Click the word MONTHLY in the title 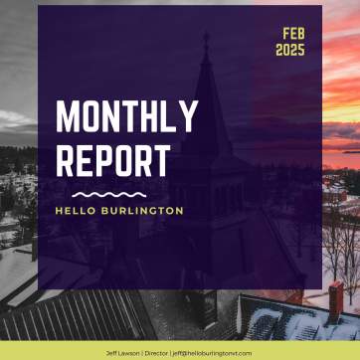click(126, 117)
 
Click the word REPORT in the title click(112, 161)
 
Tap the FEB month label click(293, 33)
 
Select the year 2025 click(291, 49)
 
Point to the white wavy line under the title click(108, 194)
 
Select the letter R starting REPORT click(66, 161)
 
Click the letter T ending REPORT click(161, 161)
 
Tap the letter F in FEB click(284, 33)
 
